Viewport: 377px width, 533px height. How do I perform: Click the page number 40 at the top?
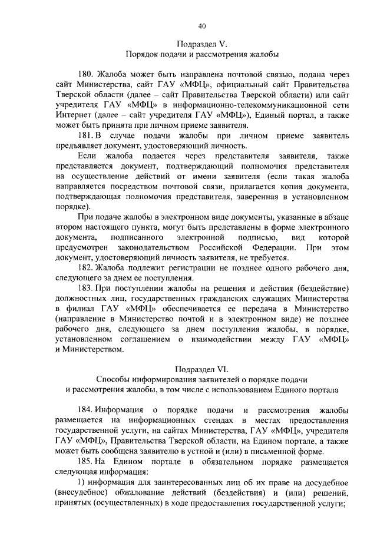click(x=201, y=26)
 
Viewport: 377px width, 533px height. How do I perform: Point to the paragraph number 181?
click(x=86, y=136)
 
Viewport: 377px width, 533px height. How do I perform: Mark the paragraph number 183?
click(x=86, y=288)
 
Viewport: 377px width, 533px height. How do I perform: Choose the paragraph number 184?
click(x=86, y=410)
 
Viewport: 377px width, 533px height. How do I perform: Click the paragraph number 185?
click(x=86, y=462)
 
